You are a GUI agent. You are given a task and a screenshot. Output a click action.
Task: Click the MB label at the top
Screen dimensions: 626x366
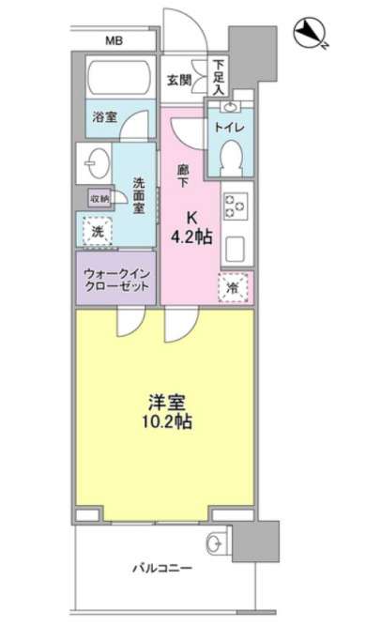click(114, 41)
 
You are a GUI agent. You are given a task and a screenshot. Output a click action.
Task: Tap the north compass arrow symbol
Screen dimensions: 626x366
click(308, 35)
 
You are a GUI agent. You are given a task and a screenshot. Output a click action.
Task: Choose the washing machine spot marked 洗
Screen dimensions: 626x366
click(98, 228)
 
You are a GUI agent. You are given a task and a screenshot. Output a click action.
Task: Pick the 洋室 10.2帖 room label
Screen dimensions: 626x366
click(162, 412)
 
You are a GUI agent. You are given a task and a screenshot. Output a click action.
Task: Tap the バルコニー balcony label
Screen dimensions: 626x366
click(160, 569)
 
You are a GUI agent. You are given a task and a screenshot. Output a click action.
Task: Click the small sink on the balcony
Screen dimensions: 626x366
click(214, 541)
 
